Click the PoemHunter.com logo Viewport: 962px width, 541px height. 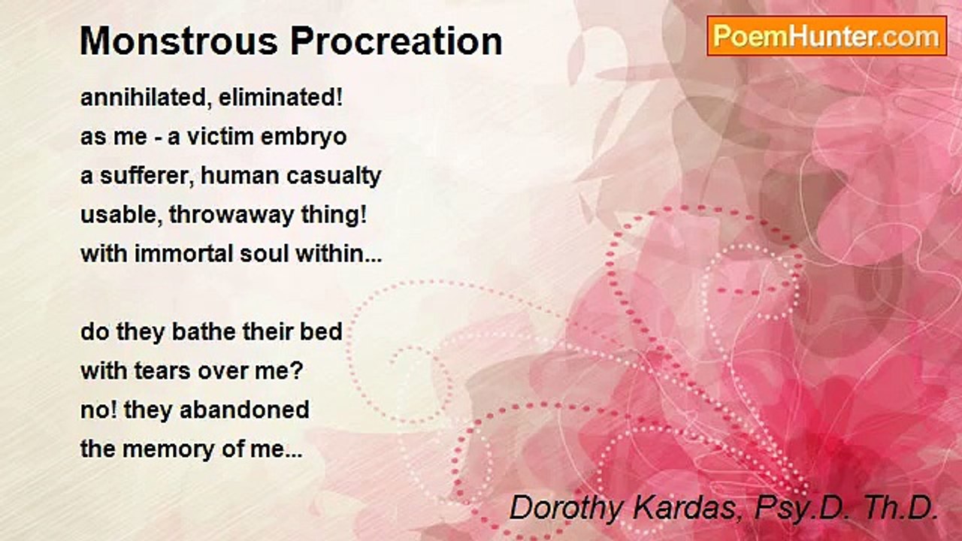[x=827, y=35]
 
